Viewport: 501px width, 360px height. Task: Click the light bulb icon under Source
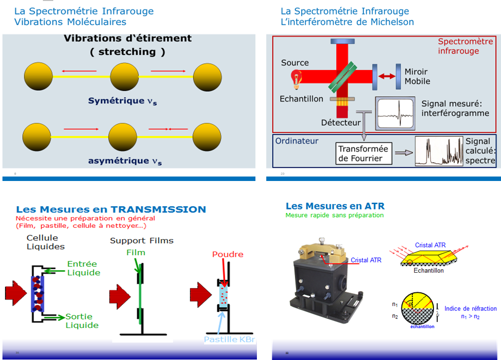296,78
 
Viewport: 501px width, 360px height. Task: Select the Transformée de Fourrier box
363,153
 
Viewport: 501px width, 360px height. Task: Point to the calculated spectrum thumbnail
439,151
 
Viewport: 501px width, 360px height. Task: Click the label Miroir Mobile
417,76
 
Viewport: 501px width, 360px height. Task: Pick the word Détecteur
341,122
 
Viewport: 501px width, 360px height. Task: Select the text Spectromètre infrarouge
465,46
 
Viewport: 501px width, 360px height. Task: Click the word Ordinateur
297,141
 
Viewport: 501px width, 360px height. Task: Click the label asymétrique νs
125,161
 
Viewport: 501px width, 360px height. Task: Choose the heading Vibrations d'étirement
128,38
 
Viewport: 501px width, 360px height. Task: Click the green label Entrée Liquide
83,268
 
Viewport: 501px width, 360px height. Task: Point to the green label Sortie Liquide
82,321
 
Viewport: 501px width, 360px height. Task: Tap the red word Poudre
228,254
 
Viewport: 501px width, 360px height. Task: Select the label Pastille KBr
230,339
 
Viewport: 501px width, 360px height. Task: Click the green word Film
136,252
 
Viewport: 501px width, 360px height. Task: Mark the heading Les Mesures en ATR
335,206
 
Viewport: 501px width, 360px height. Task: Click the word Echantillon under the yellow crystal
429,270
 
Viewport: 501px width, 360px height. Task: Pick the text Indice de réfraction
470,309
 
